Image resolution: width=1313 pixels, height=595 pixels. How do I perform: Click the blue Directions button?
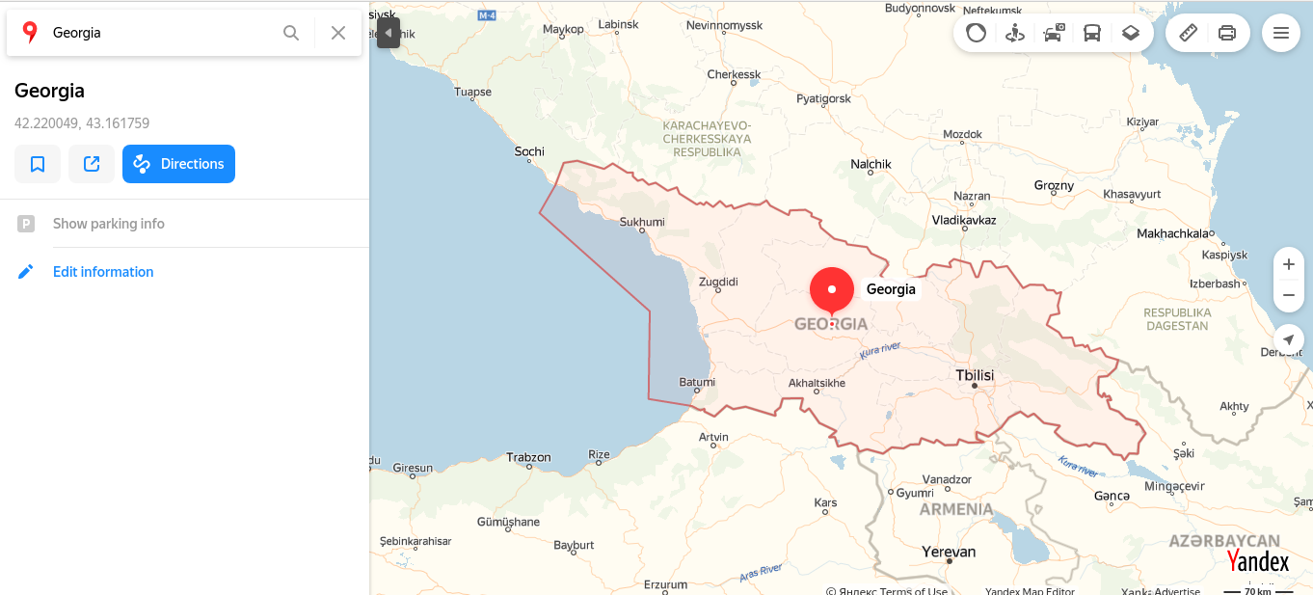(178, 164)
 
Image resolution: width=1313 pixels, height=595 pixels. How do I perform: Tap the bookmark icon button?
(38, 164)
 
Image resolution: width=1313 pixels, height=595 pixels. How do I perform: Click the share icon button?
(92, 164)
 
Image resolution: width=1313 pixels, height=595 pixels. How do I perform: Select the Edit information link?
(103, 272)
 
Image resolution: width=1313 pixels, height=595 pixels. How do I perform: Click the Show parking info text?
(108, 224)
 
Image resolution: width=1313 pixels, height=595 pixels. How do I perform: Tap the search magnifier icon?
(291, 33)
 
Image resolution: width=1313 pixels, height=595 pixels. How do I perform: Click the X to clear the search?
(338, 33)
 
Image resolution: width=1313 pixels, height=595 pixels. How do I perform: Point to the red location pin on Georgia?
(832, 290)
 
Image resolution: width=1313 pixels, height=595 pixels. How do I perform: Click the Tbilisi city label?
(975, 375)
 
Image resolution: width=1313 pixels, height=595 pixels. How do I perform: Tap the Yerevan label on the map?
(949, 552)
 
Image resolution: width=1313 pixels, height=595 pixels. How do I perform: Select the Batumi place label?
(697, 382)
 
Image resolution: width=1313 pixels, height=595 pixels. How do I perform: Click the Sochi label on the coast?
(529, 151)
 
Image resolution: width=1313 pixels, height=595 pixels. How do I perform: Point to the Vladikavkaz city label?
(964, 220)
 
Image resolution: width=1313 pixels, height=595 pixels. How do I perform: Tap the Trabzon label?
(528, 457)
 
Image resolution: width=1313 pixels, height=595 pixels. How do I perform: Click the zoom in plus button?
(1289, 264)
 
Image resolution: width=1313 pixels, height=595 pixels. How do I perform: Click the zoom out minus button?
(1289, 295)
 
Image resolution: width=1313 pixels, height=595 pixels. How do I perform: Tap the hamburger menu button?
(1281, 33)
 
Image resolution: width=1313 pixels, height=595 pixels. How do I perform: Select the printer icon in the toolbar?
(1227, 33)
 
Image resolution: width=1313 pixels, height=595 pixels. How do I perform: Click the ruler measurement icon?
(1189, 33)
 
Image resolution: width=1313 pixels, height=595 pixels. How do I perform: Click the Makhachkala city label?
(1172, 233)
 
